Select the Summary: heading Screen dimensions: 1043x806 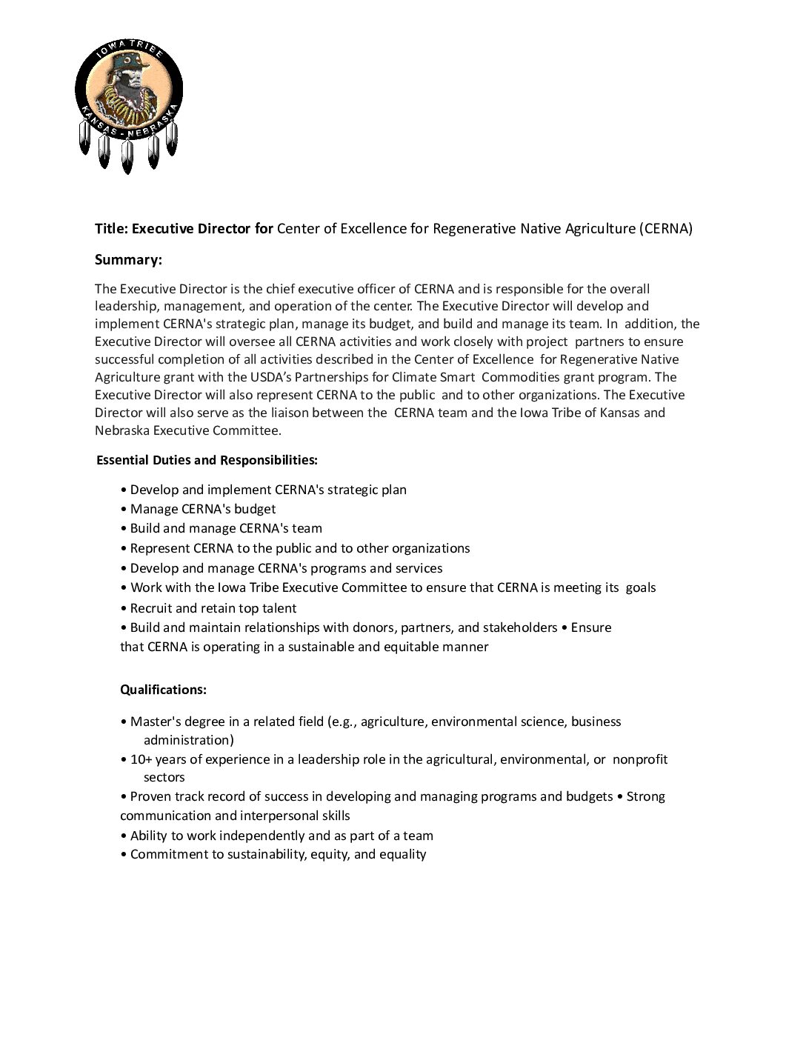128,260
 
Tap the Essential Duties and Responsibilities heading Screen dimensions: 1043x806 207,460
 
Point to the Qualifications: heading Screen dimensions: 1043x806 163,690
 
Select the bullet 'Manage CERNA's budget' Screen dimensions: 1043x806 198,509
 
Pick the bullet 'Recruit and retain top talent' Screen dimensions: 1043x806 208,608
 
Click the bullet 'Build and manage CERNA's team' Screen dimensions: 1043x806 221,528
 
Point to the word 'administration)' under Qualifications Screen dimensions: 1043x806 188,740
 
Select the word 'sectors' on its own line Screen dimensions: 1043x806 164,777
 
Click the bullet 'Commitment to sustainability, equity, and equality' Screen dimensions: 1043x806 273,854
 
